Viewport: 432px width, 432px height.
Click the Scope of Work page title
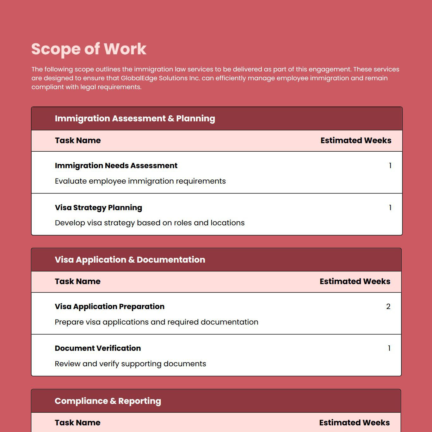(89, 49)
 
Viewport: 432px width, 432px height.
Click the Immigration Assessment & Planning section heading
(135, 119)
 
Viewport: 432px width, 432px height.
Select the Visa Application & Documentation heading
(130, 260)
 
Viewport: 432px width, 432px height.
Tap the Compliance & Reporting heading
(108, 401)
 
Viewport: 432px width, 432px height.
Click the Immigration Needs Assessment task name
(116, 166)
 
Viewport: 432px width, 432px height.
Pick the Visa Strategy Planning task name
(98, 208)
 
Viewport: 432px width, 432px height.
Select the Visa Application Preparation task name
(109, 307)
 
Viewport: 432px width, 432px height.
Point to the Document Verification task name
(98, 348)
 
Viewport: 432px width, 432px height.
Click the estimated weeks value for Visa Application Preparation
(388, 307)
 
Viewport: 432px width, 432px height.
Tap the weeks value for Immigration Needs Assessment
(390, 166)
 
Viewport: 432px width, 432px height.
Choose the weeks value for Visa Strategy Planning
(390, 208)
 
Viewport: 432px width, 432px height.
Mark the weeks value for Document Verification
(389, 348)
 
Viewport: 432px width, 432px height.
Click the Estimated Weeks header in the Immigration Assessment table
(356, 141)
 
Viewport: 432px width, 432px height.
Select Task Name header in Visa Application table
(77, 282)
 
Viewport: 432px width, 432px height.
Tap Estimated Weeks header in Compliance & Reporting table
(354, 423)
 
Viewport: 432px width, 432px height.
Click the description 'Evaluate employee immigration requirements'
(140, 181)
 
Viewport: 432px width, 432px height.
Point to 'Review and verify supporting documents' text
(130, 364)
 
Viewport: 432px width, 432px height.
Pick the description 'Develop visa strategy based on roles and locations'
(150, 223)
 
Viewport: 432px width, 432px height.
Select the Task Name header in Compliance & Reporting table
(77, 423)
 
